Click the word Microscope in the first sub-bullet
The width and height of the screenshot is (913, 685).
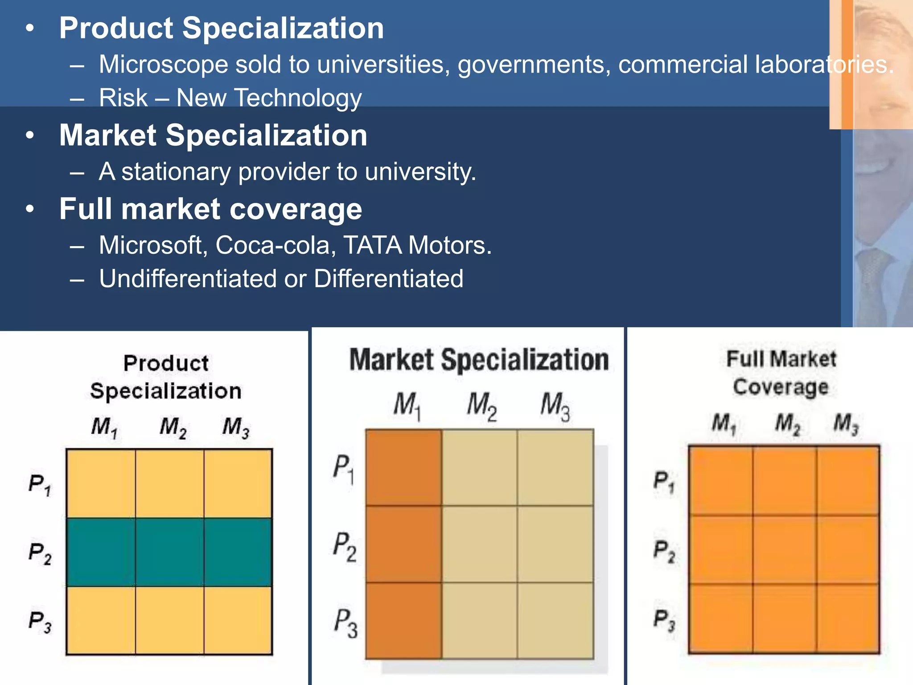click(163, 65)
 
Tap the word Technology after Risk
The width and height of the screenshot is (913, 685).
click(298, 98)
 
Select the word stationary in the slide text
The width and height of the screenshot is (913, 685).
click(176, 172)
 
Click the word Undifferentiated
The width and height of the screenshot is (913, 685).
click(188, 279)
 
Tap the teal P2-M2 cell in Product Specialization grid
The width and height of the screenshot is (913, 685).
click(169, 552)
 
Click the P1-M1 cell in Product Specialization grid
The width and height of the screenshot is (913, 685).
click(101, 483)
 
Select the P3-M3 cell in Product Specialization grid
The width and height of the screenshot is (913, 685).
click(238, 620)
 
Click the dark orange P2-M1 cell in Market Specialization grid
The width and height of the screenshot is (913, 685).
click(403, 544)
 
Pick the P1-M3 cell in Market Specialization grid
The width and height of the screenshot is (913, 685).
click(555, 467)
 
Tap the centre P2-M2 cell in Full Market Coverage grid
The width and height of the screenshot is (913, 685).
click(785, 549)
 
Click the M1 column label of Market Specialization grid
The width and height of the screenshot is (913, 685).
click(407, 406)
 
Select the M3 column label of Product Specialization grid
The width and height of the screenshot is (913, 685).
click(236, 427)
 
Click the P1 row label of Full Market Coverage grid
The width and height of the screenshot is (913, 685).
click(664, 482)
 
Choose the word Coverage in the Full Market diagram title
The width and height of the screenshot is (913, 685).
click(781, 387)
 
